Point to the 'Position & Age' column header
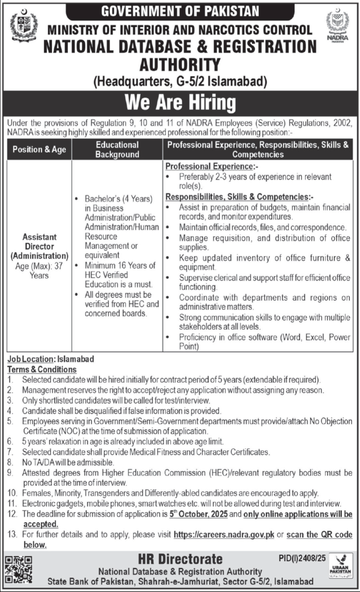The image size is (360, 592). (x=39, y=149)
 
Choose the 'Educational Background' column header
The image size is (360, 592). (x=117, y=149)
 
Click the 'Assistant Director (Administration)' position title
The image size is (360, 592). (x=39, y=246)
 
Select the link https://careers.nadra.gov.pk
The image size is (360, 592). (x=224, y=535)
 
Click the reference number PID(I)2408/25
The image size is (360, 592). (x=302, y=558)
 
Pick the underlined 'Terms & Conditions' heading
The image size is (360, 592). (x=42, y=369)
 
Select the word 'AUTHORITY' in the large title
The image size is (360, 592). (x=180, y=65)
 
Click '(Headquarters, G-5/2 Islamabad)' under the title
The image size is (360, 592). (x=180, y=81)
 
